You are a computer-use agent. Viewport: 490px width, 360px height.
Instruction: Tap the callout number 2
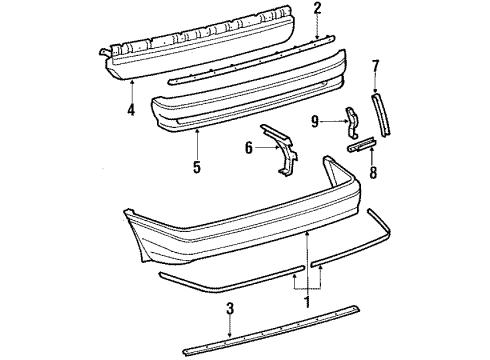pos(318,9)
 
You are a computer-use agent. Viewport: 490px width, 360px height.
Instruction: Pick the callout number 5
pos(196,165)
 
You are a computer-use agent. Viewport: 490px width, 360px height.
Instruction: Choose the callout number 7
pos(376,67)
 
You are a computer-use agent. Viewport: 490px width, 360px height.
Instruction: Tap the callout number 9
pos(316,123)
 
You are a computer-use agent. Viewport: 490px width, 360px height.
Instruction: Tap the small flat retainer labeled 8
pos(359,146)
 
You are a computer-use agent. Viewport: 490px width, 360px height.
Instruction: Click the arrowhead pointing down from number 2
pos(318,35)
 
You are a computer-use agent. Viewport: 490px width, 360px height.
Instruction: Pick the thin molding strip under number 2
pos(250,62)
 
